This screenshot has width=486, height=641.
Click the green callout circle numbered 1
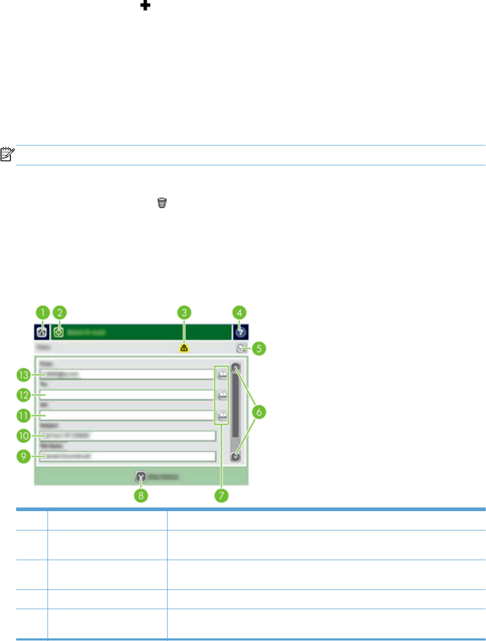[x=42, y=312]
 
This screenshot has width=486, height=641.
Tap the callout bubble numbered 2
[x=60, y=312]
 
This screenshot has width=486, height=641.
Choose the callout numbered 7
[x=221, y=494]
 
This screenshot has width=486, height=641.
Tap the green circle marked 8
[x=140, y=494]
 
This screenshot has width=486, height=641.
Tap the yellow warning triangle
[x=184, y=348]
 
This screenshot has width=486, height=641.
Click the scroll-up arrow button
[x=236, y=367]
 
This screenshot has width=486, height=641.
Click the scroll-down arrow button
[x=236, y=455]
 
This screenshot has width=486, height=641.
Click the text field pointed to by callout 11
[x=125, y=415]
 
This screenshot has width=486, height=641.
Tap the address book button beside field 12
[x=222, y=395]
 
